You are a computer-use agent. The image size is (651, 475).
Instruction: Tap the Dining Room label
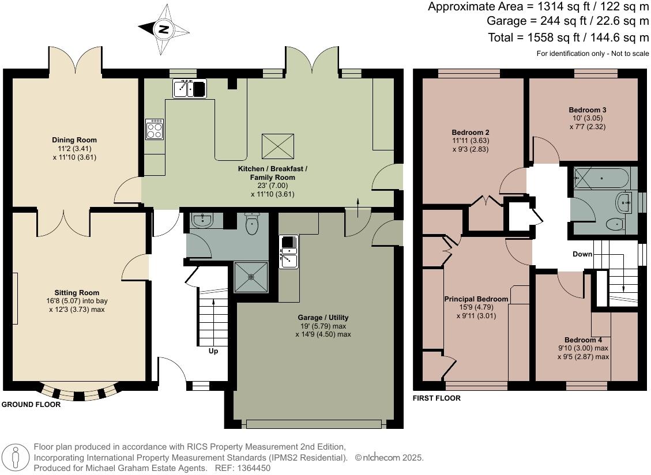[74, 140]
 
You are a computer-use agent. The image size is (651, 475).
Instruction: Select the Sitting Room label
[77, 293]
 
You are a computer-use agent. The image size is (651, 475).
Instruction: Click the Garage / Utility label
[323, 318]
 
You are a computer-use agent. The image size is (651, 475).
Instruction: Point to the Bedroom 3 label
[587, 110]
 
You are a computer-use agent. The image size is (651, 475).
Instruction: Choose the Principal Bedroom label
[476, 299]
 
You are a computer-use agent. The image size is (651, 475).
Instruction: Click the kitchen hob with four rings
[155, 129]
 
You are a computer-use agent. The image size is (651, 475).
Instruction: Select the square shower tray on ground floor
[251, 277]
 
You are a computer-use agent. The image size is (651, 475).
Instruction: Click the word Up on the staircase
[213, 351]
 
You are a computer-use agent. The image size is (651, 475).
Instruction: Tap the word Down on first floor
[582, 254]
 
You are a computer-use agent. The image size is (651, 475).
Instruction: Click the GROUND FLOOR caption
[31, 405]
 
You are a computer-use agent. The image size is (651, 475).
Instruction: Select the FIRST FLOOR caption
[436, 398]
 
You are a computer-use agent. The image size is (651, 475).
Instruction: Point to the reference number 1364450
[250, 468]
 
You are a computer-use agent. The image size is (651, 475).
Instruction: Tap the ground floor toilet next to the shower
[252, 225]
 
